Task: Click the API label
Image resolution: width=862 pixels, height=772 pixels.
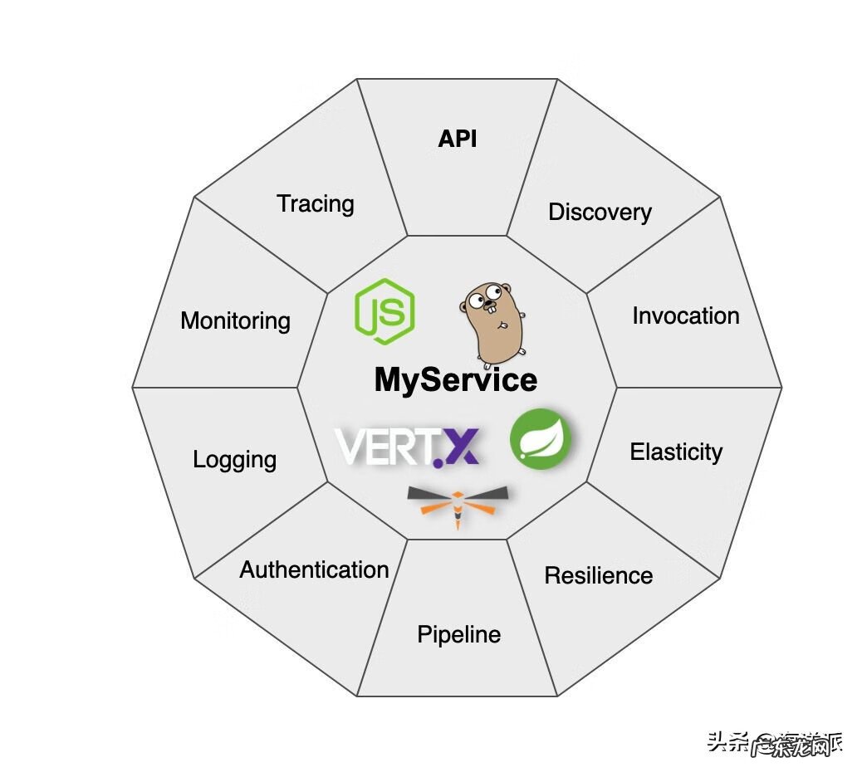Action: click(458, 139)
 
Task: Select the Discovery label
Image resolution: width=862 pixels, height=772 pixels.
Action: click(600, 212)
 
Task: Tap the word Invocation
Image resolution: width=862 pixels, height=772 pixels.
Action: click(685, 315)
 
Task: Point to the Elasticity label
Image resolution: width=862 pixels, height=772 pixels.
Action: click(676, 452)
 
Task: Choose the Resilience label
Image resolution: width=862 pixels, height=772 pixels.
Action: click(598, 575)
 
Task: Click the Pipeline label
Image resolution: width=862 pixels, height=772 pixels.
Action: click(458, 635)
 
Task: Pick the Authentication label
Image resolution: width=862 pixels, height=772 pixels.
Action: click(314, 569)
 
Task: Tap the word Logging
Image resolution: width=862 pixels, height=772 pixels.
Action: click(234, 459)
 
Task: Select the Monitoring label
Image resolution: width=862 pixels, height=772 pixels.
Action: click(235, 320)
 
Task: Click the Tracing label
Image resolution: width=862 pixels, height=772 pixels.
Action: click(315, 203)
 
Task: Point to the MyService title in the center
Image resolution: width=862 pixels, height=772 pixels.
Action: click(456, 380)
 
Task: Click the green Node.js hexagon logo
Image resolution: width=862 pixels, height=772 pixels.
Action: click(384, 312)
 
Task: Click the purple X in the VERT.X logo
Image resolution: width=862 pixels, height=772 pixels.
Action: click(459, 447)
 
